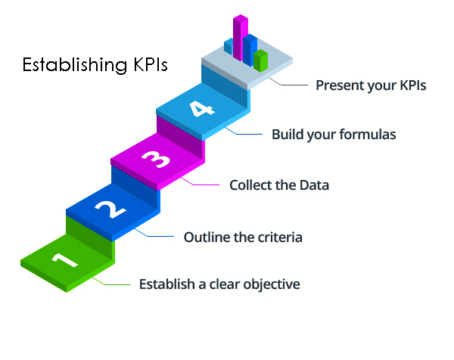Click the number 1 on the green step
(x=65, y=259)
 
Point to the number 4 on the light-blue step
(x=200, y=109)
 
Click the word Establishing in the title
(x=67, y=65)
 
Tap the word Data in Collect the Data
(x=313, y=185)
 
